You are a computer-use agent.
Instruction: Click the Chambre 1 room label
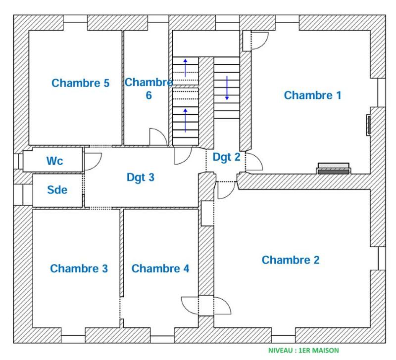pos(312,95)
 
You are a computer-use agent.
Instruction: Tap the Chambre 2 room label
pos(291,260)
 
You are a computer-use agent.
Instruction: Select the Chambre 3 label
pos(79,269)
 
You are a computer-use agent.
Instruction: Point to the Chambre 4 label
pos(160,269)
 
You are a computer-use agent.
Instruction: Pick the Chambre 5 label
pos(80,83)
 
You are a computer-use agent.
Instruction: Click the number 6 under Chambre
pos(148,95)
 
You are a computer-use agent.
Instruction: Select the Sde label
pos(57,190)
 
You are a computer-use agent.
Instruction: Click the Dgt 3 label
pos(141,177)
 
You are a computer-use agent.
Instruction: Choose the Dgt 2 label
pos(226,157)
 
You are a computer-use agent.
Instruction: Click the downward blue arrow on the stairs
pos(227,88)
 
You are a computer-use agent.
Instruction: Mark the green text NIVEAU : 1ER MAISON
pos(303,351)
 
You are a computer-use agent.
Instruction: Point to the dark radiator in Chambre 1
pos(334,171)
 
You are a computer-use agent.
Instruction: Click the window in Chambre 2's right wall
pos(382,258)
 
